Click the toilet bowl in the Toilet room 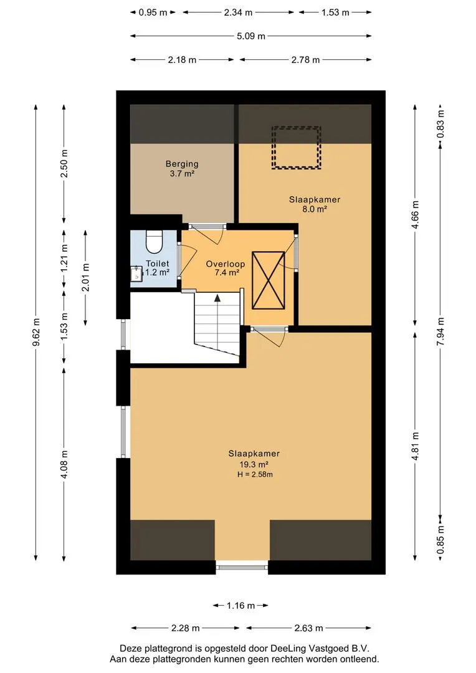pyautogui.click(x=153, y=242)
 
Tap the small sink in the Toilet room pyautogui.click(x=136, y=274)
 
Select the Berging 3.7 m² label pyautogui.click(x=182, y=169)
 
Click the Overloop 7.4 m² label pyautogui.click(x=226, y=268)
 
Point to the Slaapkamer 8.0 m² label pyautogui.click(x=315, y=204)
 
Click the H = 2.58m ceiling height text pyautogui.click(x=255, y=474)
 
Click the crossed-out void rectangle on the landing pyautogui.click(x=269, y=280)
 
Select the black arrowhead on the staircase pyautogui.click(x=217, y=297)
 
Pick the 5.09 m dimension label pyautogui.click(x=251, y=36)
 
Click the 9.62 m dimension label pyautogui.click(x=36, y=332)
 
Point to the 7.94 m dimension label pyautogui.click(x=440, y=332)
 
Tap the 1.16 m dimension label pyautogui.click(x=240, y=606)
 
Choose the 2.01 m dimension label pyautogui.click(x=86, y=277)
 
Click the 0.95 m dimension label pyautogui.click(x=153, y=12)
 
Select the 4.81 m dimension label pyautogui.click(x=415, y=446)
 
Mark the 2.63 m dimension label pyautogui.click(x=308, y=628)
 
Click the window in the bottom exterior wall pyautogui.click(x=242, y=567)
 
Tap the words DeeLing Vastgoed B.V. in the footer pyautogui.click(x=320, y=649)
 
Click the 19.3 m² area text pyautogui.click(x=254, y=464)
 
